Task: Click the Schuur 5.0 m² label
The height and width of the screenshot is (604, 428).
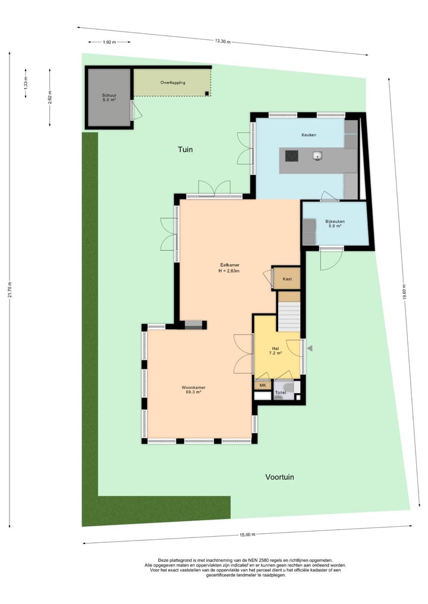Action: (108, 98)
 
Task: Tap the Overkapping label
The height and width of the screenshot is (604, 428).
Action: (173, 83)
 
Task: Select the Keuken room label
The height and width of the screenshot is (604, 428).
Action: (309, 135)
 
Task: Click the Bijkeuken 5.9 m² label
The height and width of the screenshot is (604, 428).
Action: (335, 223)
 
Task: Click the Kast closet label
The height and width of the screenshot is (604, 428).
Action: (287, 278)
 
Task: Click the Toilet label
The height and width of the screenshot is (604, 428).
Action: (281, 393)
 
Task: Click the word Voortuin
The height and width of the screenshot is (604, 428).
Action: (279, 476)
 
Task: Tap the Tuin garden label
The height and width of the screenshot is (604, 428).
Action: (185, 150)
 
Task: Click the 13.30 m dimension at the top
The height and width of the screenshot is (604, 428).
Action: (222, 41)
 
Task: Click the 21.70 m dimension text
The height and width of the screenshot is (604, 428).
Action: (10, 290)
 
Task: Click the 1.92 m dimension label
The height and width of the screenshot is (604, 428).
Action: (109, 42)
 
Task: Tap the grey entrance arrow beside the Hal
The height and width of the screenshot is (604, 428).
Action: (309, 349)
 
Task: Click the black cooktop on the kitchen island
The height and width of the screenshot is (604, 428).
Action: (291, 156)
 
